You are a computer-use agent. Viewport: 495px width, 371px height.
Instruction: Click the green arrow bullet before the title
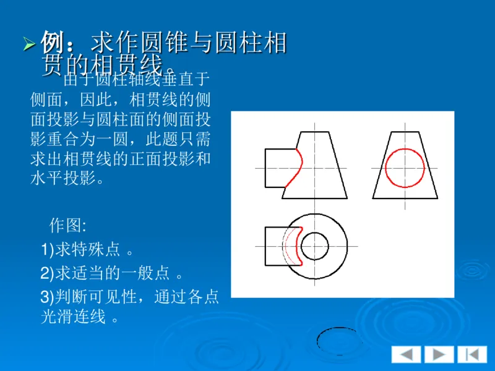[x=29, y=45]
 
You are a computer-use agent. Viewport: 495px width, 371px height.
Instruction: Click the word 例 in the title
[x=53, y=43]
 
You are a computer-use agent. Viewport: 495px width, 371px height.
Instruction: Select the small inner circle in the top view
[x=315, y=245]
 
